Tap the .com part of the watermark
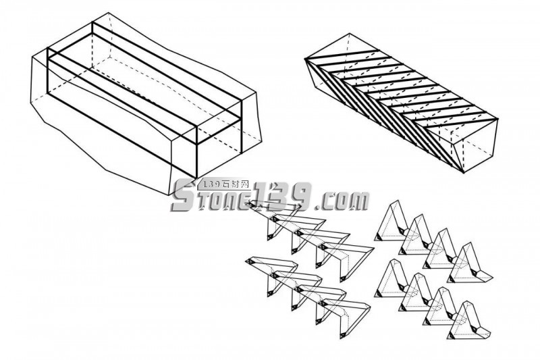tap(342, 200)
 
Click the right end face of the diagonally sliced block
tap(481, 145)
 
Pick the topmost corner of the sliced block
tap(350, 33)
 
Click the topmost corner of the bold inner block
tap(92, 21)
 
